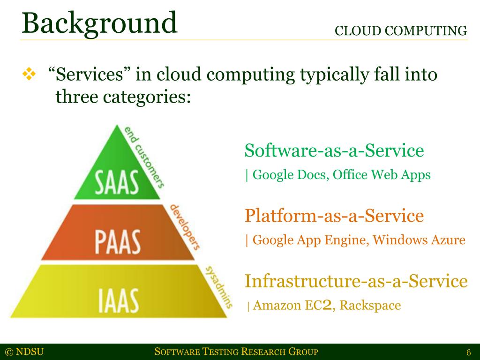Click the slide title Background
(x=99, y=23)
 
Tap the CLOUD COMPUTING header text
(x=401, y=31)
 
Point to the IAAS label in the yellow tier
(x=118, y=300)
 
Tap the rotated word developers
(x=185, y=226)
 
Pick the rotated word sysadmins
(x=218, y=285)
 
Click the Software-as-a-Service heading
(x=334, y=151)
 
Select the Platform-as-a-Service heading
(x=334, y=216)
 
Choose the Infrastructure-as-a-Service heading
(x=356, y=281)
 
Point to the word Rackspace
(x=370, y=306)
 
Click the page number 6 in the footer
(x=468, y=352)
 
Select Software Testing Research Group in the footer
(x=236, y=352)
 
